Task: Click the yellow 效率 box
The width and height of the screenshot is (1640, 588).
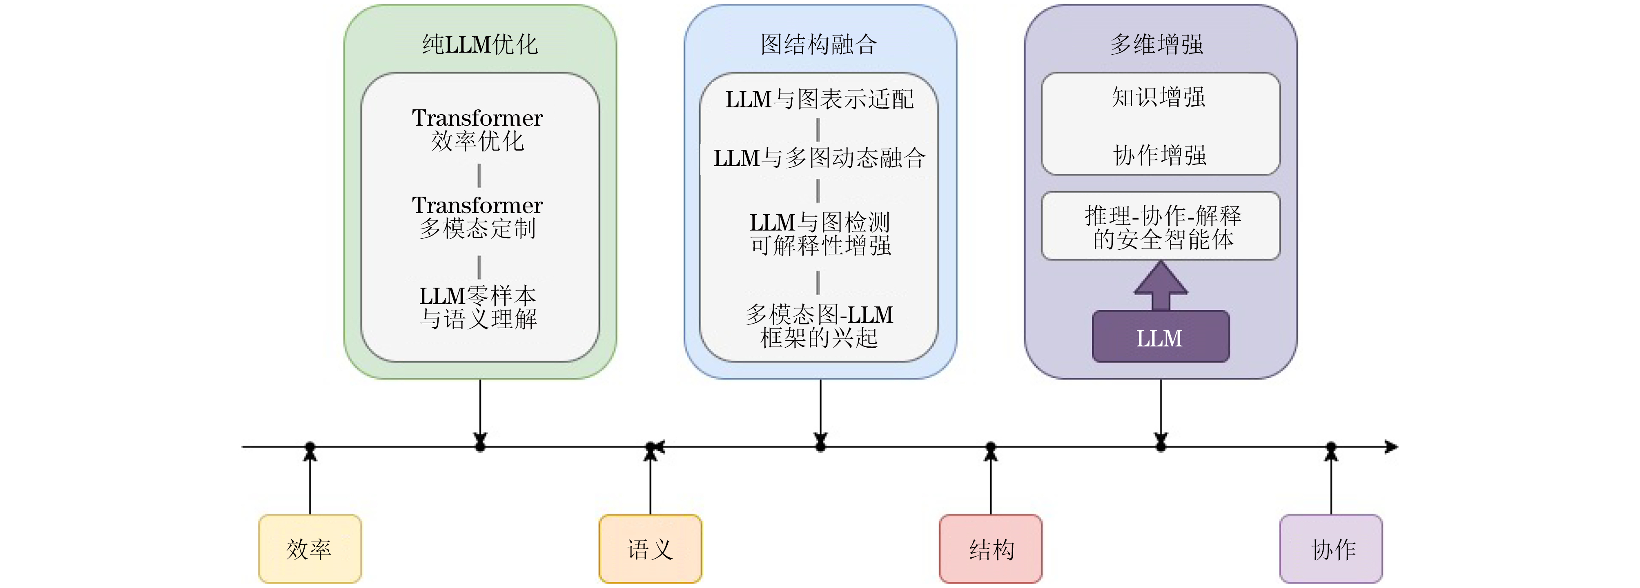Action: click(x=310, y=548)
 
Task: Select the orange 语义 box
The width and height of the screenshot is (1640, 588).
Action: click(x=650, y=548)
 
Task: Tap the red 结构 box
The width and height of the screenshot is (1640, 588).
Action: click(x=991, y=548)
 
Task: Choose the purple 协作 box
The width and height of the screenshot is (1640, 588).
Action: click(x=1331, y=548)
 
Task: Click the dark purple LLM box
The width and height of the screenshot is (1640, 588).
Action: click(x=1160, y=337)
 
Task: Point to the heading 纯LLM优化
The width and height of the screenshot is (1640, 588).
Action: click(x=480, y=44)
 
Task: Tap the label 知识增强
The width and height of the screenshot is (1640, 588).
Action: click(x=1159, y=98)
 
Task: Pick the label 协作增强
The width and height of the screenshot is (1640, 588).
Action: click(x=1160, y=155)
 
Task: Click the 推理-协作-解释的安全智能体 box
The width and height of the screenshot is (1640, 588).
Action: click(x=1161, y=226)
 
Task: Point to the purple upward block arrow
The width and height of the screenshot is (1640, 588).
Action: click(x=1161, y=285)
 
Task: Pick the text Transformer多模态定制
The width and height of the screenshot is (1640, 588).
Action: click(x=477, y=216)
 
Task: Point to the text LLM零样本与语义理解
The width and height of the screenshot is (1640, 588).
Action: click(x=477, y=307)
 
